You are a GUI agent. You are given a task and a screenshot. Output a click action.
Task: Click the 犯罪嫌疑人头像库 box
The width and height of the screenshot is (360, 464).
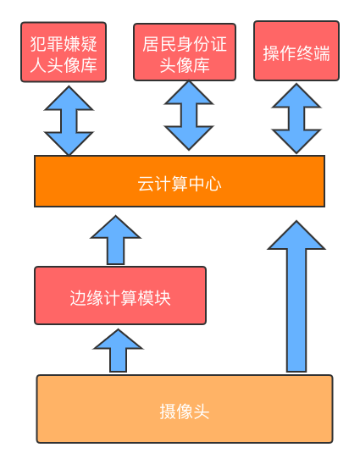64,52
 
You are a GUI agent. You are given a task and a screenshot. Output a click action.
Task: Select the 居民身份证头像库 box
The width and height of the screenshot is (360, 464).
185,52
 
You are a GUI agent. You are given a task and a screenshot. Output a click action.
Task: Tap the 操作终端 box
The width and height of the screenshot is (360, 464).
296,51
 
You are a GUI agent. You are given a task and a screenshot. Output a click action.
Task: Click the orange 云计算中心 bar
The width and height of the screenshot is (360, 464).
180,181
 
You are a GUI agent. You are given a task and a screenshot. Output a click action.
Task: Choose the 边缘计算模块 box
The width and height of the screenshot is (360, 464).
120,296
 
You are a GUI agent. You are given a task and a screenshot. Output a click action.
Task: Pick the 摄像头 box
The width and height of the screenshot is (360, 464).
185,409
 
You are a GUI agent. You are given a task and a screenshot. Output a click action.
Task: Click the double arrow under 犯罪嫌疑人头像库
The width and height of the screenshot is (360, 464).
69,120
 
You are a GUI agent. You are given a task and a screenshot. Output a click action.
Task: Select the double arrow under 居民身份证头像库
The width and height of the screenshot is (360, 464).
189,115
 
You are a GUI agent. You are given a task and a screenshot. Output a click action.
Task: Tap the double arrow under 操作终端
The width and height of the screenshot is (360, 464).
296,119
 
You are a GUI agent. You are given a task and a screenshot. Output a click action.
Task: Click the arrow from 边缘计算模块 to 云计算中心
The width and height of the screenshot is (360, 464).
115,240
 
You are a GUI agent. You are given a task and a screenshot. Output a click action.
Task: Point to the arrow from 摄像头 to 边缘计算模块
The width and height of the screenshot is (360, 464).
118,351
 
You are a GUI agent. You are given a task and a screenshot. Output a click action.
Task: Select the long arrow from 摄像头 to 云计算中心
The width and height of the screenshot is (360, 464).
296,296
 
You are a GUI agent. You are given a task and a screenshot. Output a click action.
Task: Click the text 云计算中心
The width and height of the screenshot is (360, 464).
180,184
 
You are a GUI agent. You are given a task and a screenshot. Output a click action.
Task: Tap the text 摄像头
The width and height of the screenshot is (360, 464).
185,412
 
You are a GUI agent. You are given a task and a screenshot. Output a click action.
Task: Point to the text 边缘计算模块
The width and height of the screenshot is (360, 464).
120,298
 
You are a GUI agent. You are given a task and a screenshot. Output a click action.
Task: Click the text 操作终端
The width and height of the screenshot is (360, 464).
296,53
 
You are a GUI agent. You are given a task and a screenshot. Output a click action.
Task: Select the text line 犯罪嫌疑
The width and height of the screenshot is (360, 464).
64,43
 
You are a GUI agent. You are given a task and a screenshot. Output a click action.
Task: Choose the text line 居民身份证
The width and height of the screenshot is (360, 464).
185,44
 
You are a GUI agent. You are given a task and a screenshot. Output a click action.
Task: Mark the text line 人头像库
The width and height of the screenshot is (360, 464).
64,65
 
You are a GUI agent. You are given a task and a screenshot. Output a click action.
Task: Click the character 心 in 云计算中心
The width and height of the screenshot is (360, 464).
213,184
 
